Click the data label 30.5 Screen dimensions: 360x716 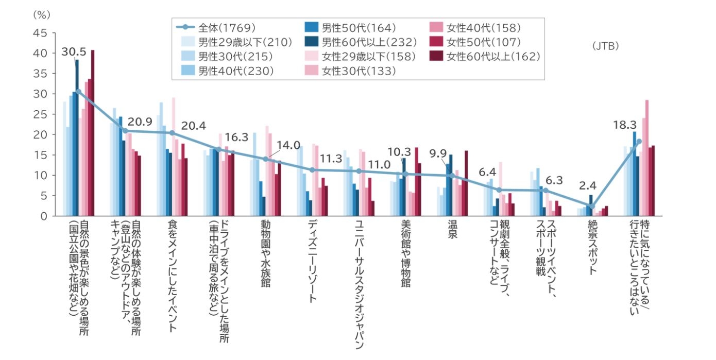[x=73, y=52]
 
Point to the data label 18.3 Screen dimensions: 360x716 [x=623, y=125]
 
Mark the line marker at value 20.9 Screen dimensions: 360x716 [x=125, y=131]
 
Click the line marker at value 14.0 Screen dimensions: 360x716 [x=265, y=159]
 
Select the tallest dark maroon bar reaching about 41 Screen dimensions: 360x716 [x=93, y=133]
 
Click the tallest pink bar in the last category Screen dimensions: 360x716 [x=647, y=158]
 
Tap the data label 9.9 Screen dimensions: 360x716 [x=438, y=153]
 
